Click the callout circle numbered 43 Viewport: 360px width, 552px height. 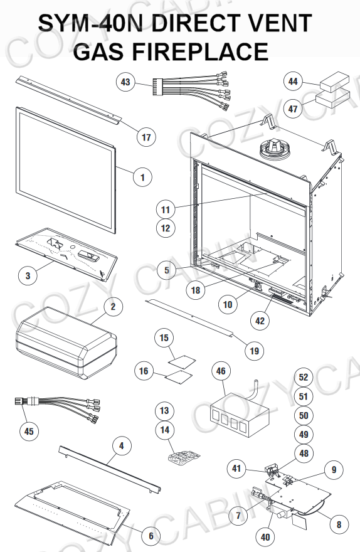click(x=125, y=82)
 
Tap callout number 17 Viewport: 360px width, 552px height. click(x=146, y=136)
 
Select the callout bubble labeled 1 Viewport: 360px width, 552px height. click(x=142, y=178)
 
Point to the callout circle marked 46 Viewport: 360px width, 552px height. click(x=220, y=371)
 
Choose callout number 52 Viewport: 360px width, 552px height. click(x=304, y=378)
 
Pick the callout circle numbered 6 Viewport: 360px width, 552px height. click(x=151, y=535)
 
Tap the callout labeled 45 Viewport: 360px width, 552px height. click(x=28, y=432)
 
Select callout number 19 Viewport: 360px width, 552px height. click(x=253, y=351)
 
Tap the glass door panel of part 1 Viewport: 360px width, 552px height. click(x=66, y=169)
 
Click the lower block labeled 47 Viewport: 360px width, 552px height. click(x=334, y=100)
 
